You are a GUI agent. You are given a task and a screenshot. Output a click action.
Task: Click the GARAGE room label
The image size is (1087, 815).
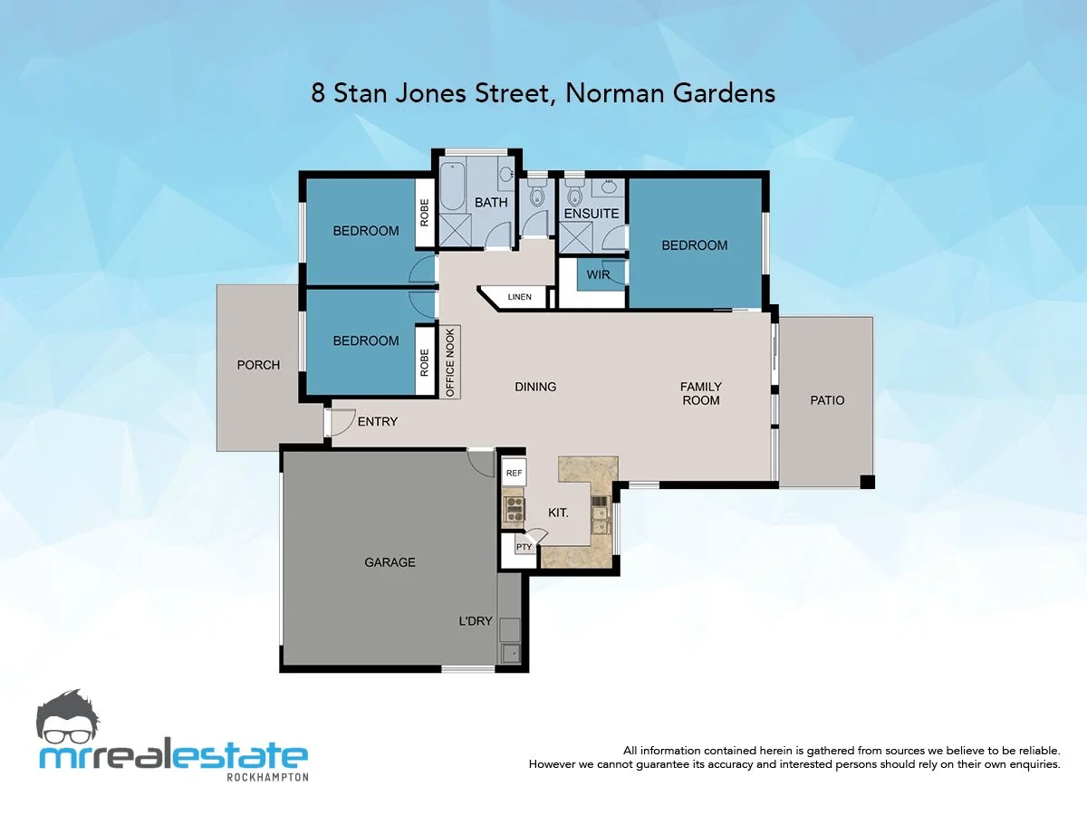click(x=390, y=562)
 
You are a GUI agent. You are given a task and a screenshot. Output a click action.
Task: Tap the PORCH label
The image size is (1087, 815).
click(x=258, y=365)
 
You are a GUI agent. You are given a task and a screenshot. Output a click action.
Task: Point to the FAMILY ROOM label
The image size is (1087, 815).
click(x=701, y=393)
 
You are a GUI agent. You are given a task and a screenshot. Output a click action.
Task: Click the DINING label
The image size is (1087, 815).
click(x=535, y=387)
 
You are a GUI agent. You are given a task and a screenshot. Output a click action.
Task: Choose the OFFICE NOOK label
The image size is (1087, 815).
click(x=449, y=362)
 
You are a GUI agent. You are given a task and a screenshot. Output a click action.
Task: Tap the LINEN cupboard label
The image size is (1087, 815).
click(x=519, y=297)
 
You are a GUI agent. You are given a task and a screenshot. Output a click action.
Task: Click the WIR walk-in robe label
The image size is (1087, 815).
click(x=598, y=274)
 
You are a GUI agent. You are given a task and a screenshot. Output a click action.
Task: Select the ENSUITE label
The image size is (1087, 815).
click(x=591, y=214)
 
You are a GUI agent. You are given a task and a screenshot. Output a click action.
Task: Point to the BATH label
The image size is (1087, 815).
click(x=491, y=203)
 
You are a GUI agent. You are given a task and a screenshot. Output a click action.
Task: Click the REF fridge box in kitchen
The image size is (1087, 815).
click(x=514, y=473)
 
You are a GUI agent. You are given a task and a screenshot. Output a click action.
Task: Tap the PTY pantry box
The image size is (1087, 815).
click(x=523, y=547)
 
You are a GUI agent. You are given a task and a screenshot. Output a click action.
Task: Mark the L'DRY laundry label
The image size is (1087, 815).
click(x=475, y=621)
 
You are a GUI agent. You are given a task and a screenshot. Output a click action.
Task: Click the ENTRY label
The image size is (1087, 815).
click(x=377, y=422)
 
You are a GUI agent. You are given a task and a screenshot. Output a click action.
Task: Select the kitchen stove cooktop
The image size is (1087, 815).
click(x=514, y=508)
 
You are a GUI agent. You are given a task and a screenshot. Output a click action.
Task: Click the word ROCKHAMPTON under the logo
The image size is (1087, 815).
click(x=266, y=777)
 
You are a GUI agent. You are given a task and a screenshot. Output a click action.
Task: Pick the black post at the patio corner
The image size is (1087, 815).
click(x=867, y=482)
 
